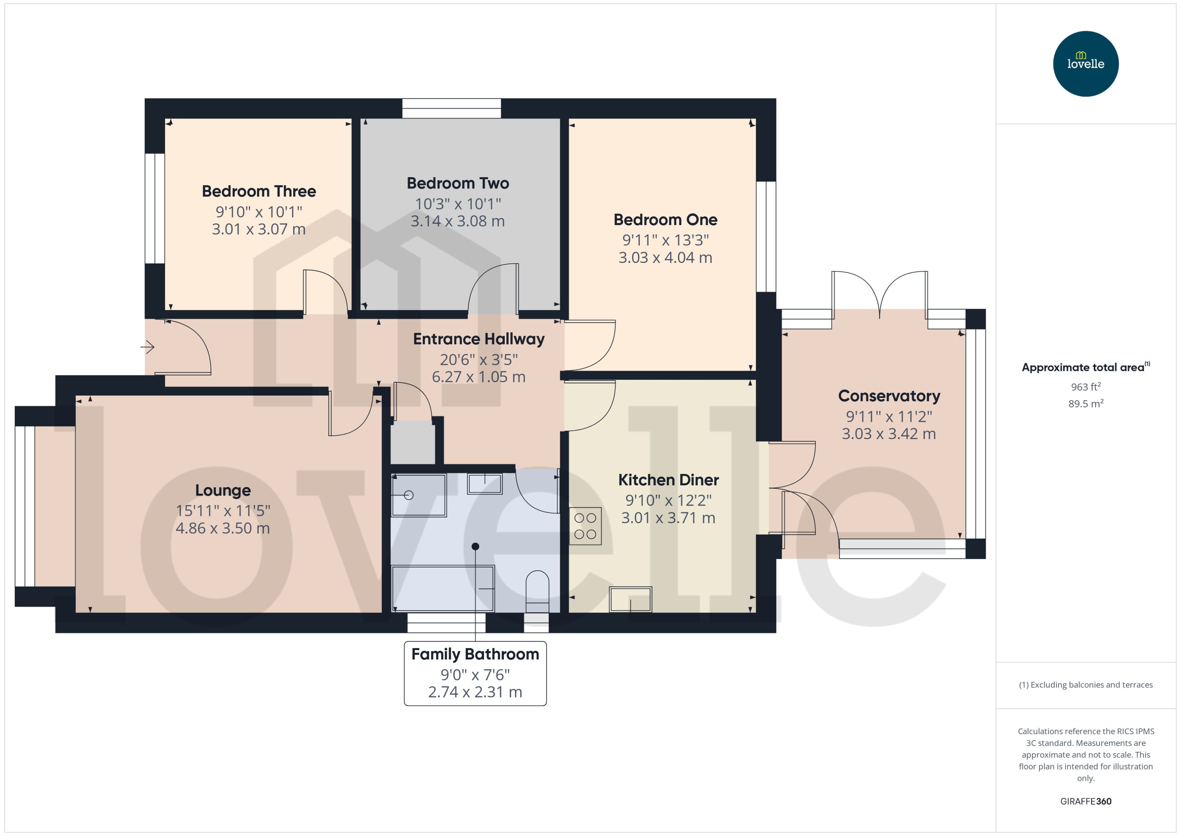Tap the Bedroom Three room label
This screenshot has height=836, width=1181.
pos(258,191)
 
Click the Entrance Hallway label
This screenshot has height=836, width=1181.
pos(478,339)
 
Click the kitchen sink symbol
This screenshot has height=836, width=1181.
pos(630,599)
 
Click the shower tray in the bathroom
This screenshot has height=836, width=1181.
pos(418,495)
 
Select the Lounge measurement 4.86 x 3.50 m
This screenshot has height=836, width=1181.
pos(222,528)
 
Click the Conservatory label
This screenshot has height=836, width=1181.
pos(889,396)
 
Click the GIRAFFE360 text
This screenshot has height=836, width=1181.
pos(1085,802)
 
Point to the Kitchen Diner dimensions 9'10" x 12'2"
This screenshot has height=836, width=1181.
pos(668,501)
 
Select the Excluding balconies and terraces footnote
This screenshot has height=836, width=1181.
pos(1085,685)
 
